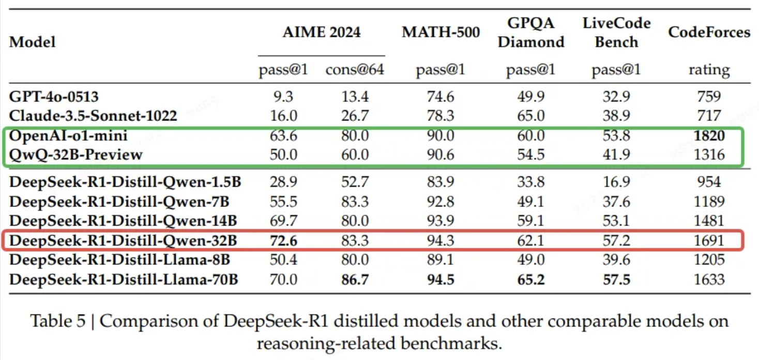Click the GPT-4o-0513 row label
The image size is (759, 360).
tap(54, 96)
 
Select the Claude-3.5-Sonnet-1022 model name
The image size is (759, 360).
tap(93, 115)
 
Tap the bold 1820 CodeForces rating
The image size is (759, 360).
tap(709, 136)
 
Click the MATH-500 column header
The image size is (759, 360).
tap(441, 32)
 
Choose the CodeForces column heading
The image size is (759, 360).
tap(709, 32)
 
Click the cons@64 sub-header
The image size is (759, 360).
tap(355, 70)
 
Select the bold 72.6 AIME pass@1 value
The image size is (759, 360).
tap(283, 240)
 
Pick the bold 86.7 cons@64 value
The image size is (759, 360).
tap(355, 280)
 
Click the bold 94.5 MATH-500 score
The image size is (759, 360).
tap(441, 280)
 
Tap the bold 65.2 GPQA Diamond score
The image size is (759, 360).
tap(530, 280)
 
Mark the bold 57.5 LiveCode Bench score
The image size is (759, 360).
tap(616, 280)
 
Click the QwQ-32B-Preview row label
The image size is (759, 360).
tap(75, 154)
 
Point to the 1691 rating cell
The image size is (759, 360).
tap(709, 240)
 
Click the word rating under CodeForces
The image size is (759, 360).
tap(709, 70)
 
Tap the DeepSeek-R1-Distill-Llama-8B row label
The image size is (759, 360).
tap(120, 260)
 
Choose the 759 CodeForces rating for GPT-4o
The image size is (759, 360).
tap(709, 96)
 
